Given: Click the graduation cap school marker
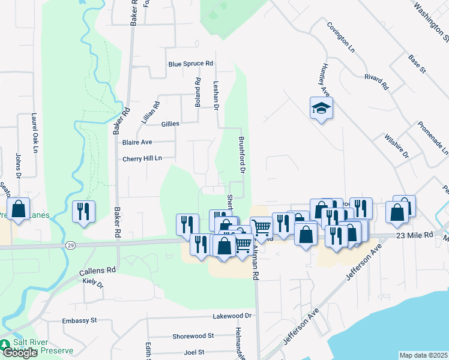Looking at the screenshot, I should (321, 109).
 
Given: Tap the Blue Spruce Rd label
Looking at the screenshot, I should (191, 64).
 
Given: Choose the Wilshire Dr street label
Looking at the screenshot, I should (397, 146).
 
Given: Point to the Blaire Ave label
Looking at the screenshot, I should (137, 143).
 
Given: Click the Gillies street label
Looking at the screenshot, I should (170, 124).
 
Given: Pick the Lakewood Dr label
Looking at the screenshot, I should (232, 316).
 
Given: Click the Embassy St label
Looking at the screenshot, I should (80, 321).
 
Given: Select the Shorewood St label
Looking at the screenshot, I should (193, 336).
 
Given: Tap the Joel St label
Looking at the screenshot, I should (194, 352).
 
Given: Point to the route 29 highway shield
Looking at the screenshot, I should (70, 246).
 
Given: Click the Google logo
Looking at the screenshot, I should (20, 353).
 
